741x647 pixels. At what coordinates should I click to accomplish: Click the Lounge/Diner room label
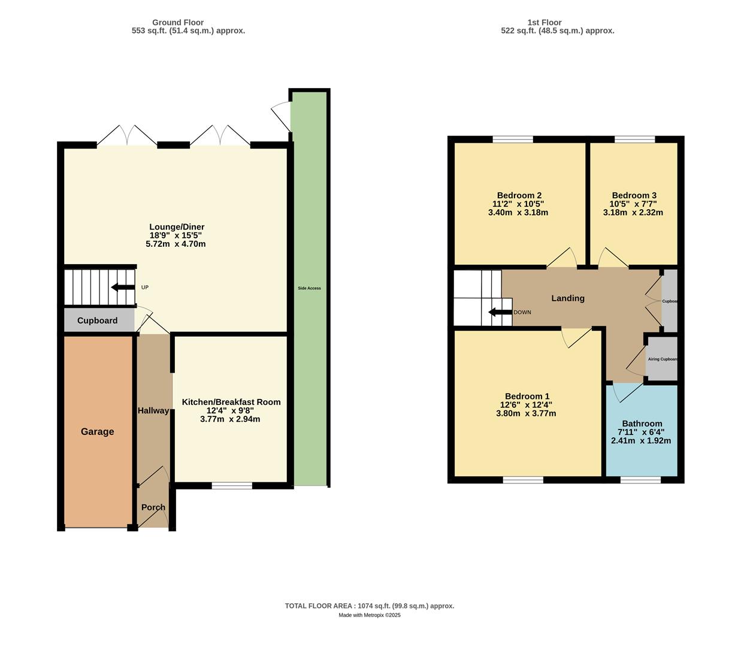177,227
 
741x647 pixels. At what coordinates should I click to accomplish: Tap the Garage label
97,431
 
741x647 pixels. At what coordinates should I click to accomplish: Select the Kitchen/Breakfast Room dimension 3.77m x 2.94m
230,419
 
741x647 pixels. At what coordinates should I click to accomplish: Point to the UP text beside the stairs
145,288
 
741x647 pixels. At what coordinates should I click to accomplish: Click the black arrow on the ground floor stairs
123,288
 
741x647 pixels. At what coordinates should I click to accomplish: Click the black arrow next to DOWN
500,312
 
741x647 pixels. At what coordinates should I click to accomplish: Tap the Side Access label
309,288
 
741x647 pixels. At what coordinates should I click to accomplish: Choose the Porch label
153,507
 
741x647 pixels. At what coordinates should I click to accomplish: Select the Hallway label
153,410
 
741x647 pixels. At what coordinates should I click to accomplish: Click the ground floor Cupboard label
97,321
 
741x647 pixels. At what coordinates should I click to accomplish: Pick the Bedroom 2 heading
519,195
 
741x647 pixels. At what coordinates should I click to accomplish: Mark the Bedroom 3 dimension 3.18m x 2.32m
633,213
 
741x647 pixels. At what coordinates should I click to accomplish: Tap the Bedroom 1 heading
527,396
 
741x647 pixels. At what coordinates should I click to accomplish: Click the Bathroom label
642,424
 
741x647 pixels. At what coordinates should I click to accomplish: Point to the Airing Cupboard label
663,359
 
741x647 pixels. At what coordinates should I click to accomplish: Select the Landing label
568,298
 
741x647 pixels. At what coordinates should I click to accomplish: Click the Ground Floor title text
178,23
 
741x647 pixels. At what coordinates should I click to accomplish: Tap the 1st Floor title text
544,23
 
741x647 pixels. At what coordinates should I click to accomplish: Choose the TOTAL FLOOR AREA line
370,606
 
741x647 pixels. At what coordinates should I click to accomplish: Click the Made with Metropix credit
370,615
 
